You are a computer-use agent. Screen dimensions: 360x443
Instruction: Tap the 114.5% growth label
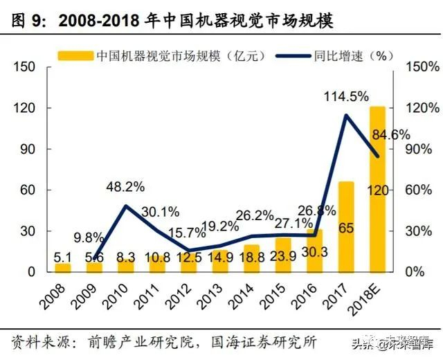pyautogui.click(x=345, y=98)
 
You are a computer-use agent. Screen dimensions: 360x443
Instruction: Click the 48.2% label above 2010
pyautogui.click(x=125, y=186)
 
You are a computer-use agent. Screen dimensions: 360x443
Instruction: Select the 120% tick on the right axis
pyautogui.click(x=422, y=109)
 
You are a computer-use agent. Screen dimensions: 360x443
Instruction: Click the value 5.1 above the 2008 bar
pyautogui.click(x=63, y=257)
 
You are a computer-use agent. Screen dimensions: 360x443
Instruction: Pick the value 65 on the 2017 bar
pyautogui.click(x=346, y=227)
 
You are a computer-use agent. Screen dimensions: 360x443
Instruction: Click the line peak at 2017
pyautogui.click(x=346, y=116)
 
